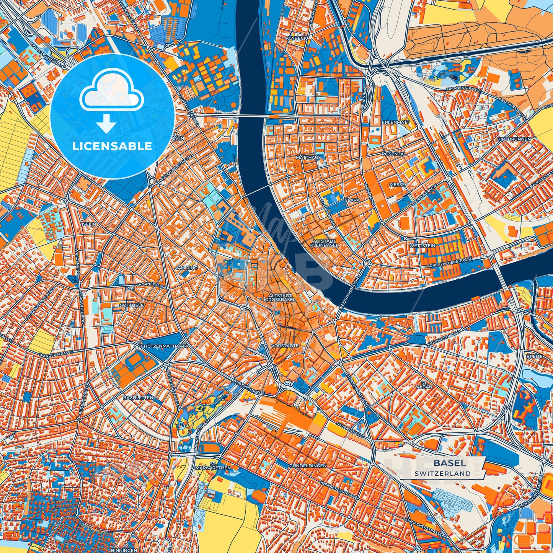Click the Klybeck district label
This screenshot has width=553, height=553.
[297, 39]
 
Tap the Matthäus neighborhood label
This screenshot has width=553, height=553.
[308, 157]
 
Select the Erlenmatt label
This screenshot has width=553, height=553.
[395, 122]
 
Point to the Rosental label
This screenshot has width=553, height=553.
[393, 154]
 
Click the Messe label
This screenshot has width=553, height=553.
[397, 184]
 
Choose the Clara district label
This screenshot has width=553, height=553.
[352, 200]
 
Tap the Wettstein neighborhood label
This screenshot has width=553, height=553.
[422, 245]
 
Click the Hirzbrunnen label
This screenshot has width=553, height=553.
[514, 139]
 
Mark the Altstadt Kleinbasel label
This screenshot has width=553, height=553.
[324, 242]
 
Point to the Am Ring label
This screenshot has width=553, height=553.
[188, 268]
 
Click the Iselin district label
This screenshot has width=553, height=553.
[89, 224]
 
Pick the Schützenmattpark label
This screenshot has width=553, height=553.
[163, 346]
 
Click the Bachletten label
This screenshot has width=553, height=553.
[138, 398]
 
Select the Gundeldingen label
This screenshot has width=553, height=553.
[308, 465]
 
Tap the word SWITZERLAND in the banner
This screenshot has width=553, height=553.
[442, 473]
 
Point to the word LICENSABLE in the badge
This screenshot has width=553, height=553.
[112, 146]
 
